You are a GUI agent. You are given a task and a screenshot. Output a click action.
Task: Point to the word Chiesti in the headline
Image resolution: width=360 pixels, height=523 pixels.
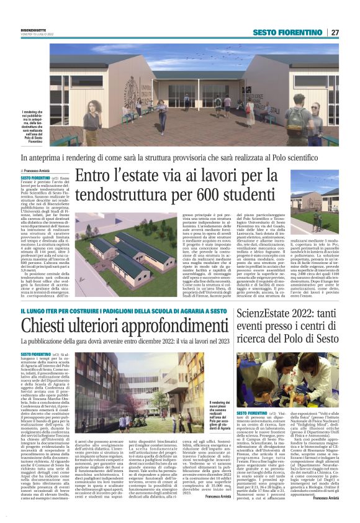point(48,324)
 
